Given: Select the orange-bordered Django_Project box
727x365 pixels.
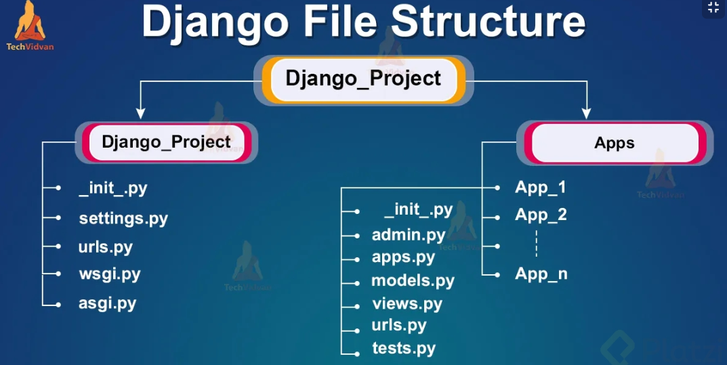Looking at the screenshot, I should (363, 79).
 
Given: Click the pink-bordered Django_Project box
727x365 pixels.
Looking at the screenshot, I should (166, 142).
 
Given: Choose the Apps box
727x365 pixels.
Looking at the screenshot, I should (615, 143).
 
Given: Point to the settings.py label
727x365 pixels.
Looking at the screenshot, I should (123, 219).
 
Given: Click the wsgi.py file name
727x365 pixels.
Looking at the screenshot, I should (110, 274).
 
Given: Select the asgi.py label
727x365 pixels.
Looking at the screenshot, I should (108, 303).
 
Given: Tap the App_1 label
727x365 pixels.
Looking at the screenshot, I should (541, 187).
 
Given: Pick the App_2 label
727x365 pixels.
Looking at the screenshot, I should (541, 215).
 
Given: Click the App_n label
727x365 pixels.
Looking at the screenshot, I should (541, 274).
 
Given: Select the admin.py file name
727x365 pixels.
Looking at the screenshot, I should (409, 235).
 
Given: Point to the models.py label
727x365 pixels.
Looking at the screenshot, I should (413, 280).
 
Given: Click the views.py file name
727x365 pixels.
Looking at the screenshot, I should (407, 303).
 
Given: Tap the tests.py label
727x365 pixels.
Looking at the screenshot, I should (404, 349).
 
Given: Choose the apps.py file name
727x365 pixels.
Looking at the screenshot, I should (403, 257).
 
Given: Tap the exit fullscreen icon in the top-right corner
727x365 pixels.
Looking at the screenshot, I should (713, 8).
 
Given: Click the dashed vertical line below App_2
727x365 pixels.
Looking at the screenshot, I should (536, 243).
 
